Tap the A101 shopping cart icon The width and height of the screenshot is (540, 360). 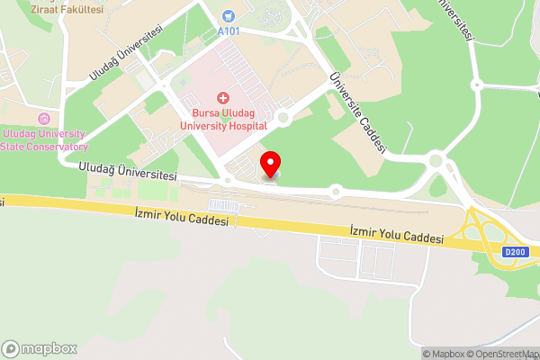pyautogui.click(x=228, y=16)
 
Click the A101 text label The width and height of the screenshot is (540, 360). pyautogui.click(x=230, y=31)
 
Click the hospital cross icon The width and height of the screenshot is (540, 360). pyautogui.click(x=222, y=97)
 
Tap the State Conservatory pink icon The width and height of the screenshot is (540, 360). pyautogui.click(x=43, y=118)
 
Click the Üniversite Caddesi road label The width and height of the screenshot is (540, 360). pyautogui.click(x=357, y=113)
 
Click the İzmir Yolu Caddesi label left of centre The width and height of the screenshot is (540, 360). pyautogui.click(x=180, y=214)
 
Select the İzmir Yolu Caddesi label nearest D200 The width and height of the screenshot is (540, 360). pyautogui.click(x=397, y=236)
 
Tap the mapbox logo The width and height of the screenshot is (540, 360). pyautogui.click(x=40, y=348)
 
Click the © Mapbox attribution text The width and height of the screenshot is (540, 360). pyautogui.click(x=441, y=354)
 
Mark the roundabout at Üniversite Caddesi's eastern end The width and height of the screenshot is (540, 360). pyautogui.click(x=437, y=162)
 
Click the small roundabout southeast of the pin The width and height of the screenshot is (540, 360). pyautogui.click(x=336, y=191)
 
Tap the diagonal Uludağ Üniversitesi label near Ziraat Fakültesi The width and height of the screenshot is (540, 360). pyautogui.click(x=126, y=51)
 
